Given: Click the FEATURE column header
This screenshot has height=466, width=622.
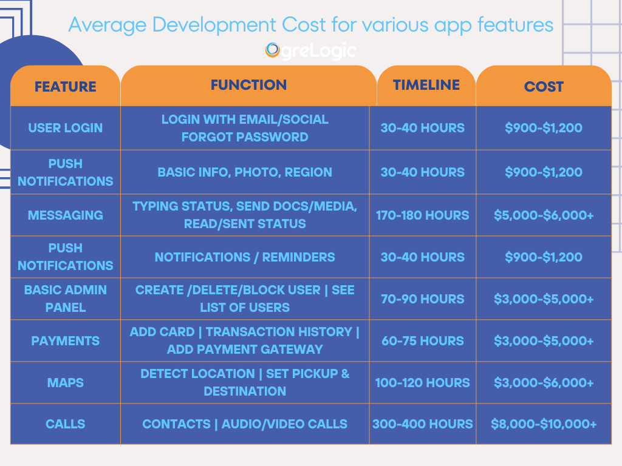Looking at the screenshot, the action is coord(66,86).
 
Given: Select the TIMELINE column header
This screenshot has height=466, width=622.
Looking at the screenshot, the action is coord(426,85).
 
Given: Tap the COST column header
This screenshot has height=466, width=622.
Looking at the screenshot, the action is coord(544,86).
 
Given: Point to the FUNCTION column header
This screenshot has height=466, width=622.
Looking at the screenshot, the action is coord(248,85).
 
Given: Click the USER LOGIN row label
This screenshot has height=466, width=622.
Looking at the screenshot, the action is coord(66,128).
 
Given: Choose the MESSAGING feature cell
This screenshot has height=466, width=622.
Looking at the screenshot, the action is coord(66,215).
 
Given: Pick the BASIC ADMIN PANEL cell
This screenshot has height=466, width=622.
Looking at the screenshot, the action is coord(66,299).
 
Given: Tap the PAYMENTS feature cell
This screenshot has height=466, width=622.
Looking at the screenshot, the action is coord(66,341).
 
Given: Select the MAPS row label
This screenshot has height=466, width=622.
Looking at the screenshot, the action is coord(66,383).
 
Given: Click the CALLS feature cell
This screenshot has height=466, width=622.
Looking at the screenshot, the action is coord(66,424).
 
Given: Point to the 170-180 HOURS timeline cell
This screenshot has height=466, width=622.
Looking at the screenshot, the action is coord(423,215).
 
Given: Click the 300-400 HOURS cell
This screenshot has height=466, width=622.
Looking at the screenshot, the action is coord(423,424).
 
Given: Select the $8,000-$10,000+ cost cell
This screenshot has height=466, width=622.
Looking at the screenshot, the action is coord(544,424).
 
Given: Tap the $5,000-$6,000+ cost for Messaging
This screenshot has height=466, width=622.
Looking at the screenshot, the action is coord(544,215).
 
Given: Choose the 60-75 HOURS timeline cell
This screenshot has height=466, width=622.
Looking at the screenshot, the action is coord(423,341).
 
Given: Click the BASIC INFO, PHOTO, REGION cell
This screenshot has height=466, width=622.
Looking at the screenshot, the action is coord(245,172).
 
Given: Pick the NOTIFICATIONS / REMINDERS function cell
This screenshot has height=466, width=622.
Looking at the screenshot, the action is coord(245,257).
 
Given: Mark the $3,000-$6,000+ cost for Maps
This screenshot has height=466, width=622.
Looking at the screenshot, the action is coord(544,383).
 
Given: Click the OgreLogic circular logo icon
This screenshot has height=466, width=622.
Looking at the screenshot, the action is coord(273,50).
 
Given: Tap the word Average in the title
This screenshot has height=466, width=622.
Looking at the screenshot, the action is coord(108,25).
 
